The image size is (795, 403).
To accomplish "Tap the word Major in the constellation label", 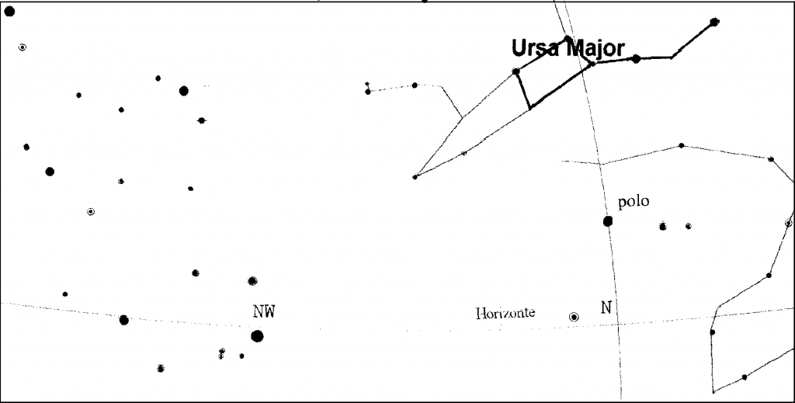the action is coord(595,50).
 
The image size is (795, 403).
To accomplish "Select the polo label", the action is coord(634,202).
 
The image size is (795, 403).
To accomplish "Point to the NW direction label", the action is coord(264,311).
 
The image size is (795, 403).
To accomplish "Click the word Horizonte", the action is coord(505,313).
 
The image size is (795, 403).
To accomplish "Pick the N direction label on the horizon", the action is coord(606,307).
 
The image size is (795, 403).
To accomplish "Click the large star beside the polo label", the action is coord(608,221).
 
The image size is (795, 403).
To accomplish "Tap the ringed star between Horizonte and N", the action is coord(574,317).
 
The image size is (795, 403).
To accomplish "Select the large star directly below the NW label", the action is coord(257,336).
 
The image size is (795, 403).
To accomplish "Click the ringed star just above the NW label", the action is coord(252,281).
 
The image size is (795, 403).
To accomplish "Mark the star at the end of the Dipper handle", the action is coord(714,22).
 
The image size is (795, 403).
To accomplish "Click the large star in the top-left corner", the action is coord(9,11).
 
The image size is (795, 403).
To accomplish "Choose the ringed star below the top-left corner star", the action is coord(23,47).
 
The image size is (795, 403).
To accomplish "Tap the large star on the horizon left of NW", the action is coord(123,320).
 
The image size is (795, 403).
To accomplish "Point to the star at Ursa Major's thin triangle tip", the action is coord(415,177).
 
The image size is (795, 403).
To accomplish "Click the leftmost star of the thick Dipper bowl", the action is coord(516,71).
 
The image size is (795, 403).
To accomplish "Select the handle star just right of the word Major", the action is coord(636,59).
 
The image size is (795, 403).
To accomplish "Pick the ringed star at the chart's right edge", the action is coord(789,223).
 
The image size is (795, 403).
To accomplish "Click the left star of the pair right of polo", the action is coord(663,226).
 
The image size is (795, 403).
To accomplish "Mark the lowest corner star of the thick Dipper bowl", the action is coord(530,107).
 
